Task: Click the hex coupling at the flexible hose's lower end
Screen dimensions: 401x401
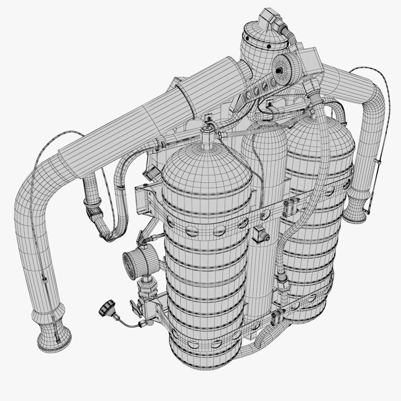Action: coord(283,284)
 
